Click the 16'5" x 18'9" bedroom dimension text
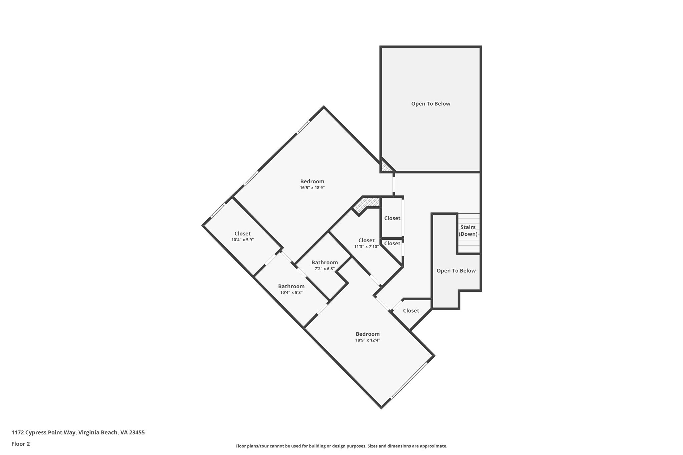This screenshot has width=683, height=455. tap(312, 188)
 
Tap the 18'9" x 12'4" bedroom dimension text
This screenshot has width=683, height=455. tap(368, 340)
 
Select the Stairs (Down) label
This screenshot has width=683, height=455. tap(468, 231)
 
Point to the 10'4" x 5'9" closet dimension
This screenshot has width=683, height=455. tap(242, 240)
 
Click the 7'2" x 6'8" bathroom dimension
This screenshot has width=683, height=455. tap(324, 269)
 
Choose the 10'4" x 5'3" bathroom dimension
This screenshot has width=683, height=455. tap(291, 293)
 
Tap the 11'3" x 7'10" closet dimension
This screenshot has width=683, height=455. tap(366, 247)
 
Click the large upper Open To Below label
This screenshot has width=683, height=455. tap(431, 104)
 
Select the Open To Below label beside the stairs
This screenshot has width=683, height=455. tap(456, 271)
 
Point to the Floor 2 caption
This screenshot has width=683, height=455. tap(21, 444)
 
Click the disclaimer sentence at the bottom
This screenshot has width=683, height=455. tap(341, 446)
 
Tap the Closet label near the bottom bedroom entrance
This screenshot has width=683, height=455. tap(411, 311)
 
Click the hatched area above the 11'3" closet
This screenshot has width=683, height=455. tap(367, 204)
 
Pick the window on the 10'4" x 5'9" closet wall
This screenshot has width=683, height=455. tap(218, 210)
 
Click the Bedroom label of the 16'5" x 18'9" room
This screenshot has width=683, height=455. tap(312, 181)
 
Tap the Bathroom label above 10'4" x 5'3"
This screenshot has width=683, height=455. tap(291, 286)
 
